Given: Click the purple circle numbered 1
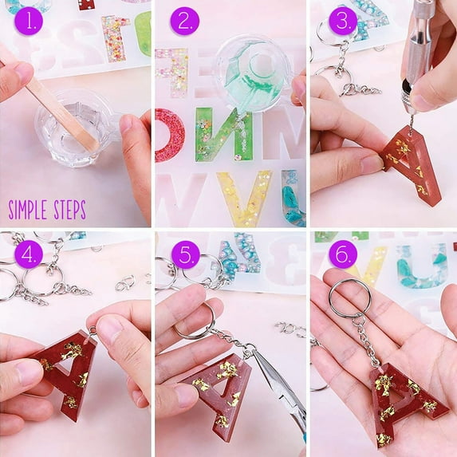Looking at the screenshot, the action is tap(28, 21).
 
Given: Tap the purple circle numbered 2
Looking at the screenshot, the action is tap(185, 21).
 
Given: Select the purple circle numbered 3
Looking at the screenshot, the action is tap(343, 21).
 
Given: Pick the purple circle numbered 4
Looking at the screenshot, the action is tap(28, 254).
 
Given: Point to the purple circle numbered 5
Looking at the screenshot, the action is tap(186, 254).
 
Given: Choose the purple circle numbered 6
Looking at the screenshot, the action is tap(343, 254).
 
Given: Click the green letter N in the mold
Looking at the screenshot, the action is tap(223, 134).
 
